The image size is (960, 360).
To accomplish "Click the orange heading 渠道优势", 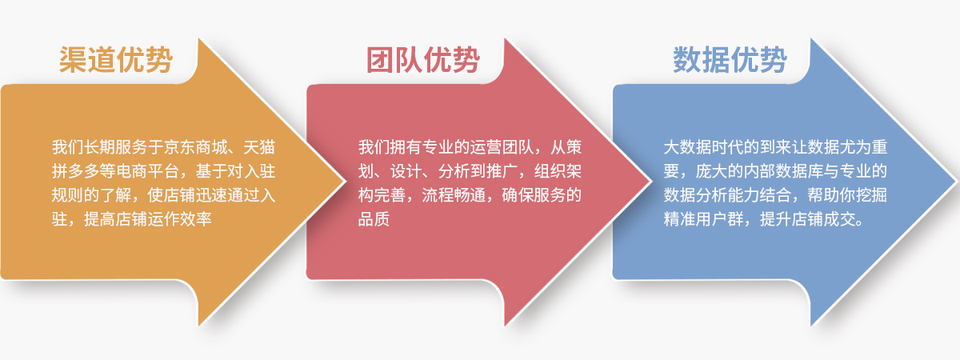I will tap(116, 60).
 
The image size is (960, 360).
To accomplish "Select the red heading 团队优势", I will tap(423, 60).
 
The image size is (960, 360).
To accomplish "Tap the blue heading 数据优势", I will tap(730, 60).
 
